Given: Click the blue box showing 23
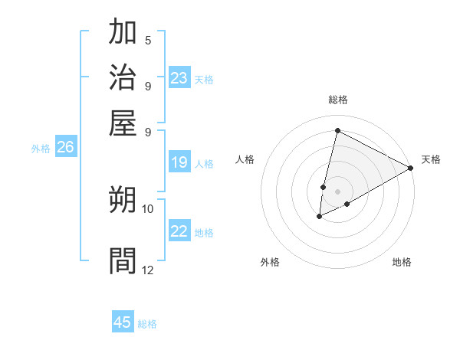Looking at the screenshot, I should click(x=179, y=77).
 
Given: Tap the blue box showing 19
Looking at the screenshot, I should click(x=179, y=162).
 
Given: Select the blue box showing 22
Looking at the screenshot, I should click(x=179, y=231).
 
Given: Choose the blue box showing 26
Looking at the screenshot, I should click(x=65, y=148).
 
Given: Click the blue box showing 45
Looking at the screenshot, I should click(x=123, y=322).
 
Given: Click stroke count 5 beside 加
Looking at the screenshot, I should click(x=148, y=41).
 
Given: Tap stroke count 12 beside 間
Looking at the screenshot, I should click(x=148, y=270).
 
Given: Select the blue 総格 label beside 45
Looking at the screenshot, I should click(x=147, y=324).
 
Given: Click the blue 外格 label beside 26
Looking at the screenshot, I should click(x=41, y=149).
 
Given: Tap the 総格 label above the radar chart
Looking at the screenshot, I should click(x=337, y=100).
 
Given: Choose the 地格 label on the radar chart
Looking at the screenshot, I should click(x=402, y=263).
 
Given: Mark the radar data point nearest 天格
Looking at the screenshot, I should click(x=412, y=169).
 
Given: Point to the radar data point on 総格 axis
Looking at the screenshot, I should click(x=337, y=130).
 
